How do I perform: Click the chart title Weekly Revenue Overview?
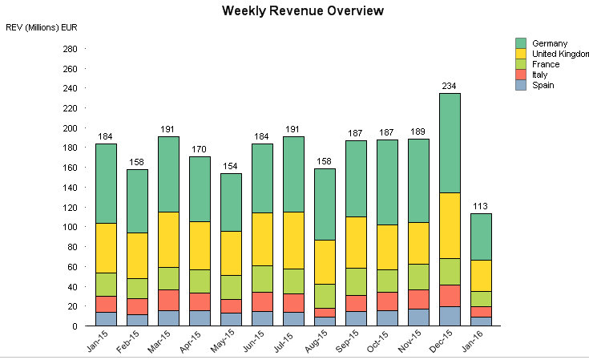[303, 11]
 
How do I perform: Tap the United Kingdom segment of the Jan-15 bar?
[106, 248]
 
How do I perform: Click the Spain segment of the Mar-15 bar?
[168, 318]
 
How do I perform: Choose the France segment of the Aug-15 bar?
[325, 296]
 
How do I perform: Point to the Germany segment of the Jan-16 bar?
[482, 237]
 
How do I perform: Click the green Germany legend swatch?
[521, 43]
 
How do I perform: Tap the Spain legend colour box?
[521, 85]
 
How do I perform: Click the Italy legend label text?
[540, 75]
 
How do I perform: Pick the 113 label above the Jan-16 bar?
[482, 206]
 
